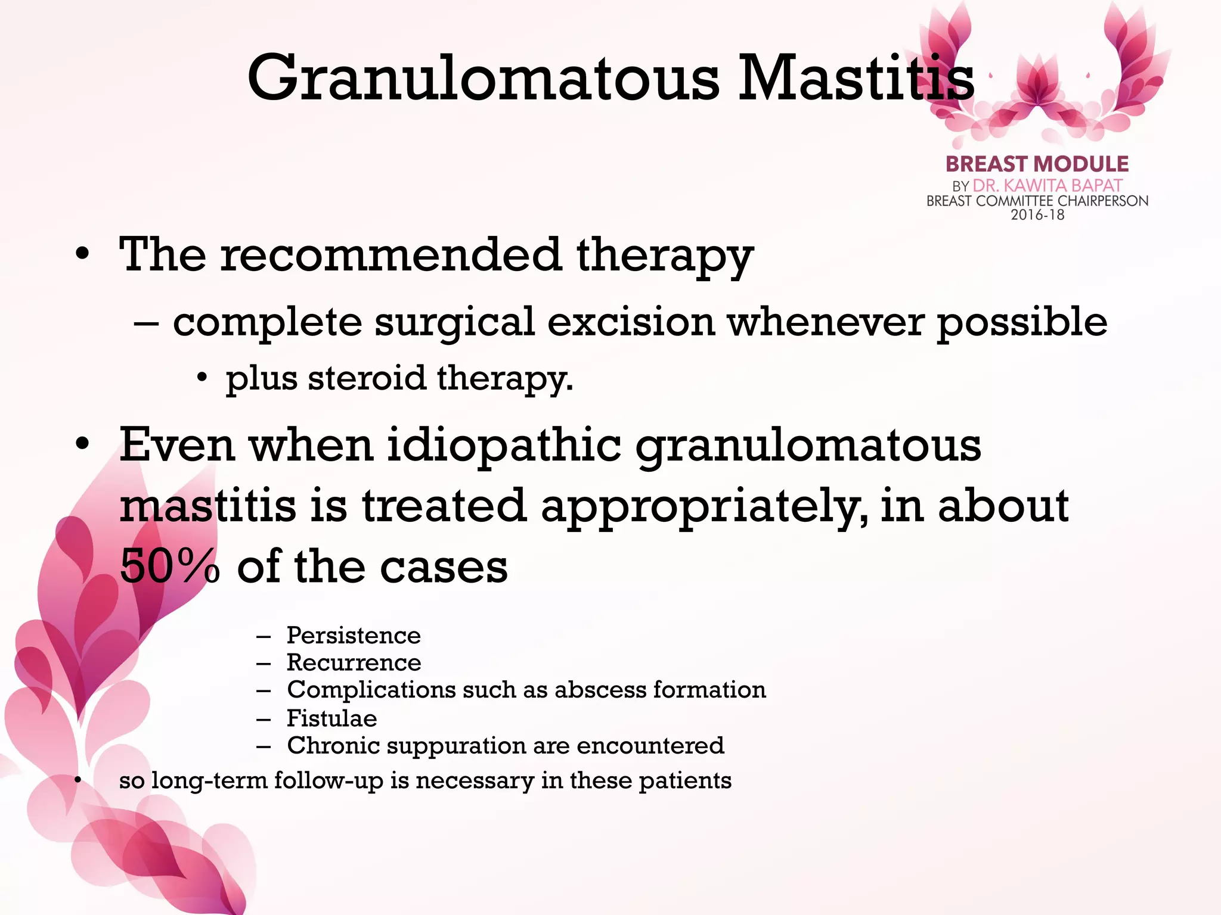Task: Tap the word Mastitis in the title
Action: tap(856, 79)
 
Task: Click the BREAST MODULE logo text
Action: tap(1037, 164)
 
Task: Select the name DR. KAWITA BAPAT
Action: tap(1048, 186)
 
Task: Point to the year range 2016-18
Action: tap(1037, 215)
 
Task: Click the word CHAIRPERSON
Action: tap(1102, 201)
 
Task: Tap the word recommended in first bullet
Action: tap(391, 255)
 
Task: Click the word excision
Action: tap(631, 322)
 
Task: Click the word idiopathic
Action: tap(504, 445)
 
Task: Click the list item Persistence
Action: tap(354, 636)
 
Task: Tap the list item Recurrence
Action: tap(354, 662)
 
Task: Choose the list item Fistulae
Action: tap(331, 718)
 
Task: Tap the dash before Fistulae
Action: tap(264, 719)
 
